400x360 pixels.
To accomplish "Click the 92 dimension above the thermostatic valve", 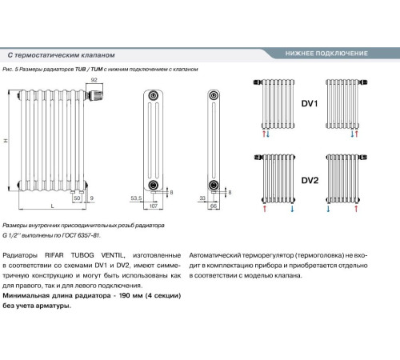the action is click(94, 80).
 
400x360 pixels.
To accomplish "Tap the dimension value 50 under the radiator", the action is click(77, 198).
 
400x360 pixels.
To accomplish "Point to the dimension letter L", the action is click(52, 206).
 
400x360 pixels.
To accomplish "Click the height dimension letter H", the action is click(6, 141).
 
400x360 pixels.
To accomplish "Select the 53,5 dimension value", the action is click(136, 198).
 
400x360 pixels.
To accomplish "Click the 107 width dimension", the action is click(154, 206).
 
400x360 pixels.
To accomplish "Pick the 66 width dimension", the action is click(214, 206).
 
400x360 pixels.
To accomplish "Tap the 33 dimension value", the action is click(202, 198).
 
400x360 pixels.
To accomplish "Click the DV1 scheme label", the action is click(310, 103).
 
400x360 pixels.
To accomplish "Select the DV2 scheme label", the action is click(310, 181).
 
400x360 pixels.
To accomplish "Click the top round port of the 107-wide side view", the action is click(153, 96).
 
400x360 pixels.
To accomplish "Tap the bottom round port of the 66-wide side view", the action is click(214, 185).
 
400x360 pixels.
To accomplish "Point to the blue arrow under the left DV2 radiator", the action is click(292, 208).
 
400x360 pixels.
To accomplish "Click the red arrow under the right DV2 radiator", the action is click(356, 208).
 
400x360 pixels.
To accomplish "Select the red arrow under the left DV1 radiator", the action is click(264, 134).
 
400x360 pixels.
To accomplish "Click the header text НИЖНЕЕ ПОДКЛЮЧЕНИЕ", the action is click(326, 54).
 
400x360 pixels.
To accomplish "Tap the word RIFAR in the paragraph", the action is click(54, 255).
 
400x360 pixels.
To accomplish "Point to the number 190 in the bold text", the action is click(125, 295).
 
